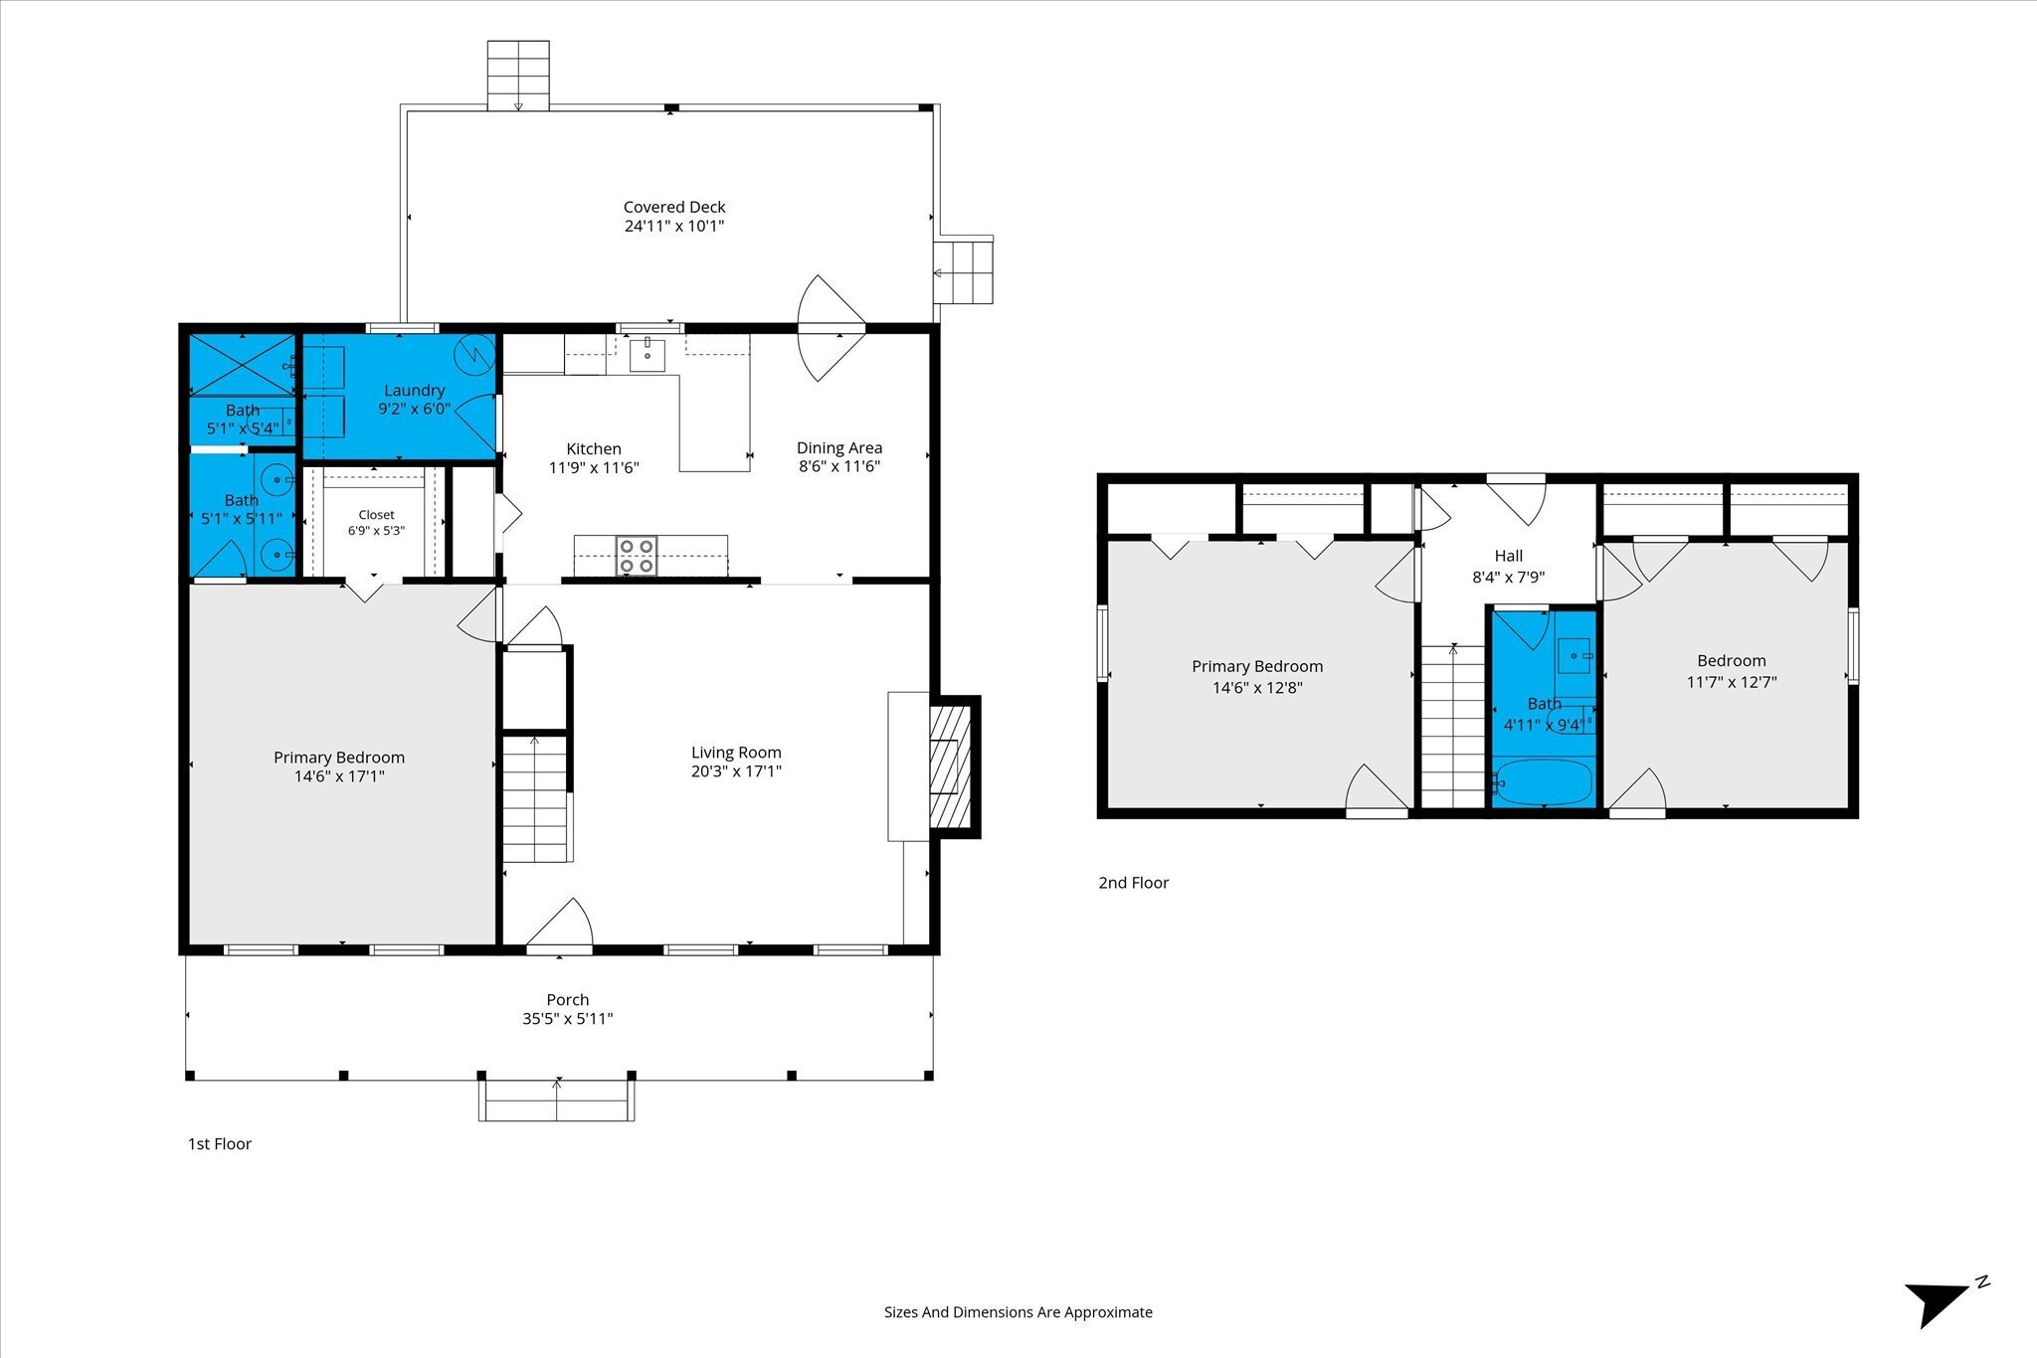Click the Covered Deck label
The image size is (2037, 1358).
click(674, 207)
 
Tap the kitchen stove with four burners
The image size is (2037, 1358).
click(637, 556)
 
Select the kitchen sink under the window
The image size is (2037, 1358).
click(647, 354)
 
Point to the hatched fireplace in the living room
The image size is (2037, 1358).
click(949, 766)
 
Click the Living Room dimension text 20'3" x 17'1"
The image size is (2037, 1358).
click(736, 771)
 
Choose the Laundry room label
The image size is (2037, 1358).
click(414, 391)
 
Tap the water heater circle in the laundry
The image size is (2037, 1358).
click(474, 354)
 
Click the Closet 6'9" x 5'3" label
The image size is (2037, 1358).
click(376, 523)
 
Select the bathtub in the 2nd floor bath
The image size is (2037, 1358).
click(1543, 781)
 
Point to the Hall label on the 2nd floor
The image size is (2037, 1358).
click(1508, 556)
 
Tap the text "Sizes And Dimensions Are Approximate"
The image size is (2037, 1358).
click(1018, 1312)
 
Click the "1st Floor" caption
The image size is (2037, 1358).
click(220, 1144)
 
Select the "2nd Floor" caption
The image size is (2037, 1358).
click(1133, 883)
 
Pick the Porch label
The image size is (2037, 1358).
click(567, 1000)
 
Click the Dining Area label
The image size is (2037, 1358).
click(839, 448)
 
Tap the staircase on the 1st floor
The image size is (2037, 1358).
click(535, 798)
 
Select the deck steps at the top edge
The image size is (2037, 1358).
click(518, 75)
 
